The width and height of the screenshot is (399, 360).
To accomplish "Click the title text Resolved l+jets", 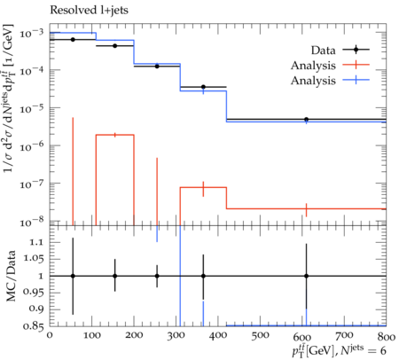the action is click(x=89, y=10).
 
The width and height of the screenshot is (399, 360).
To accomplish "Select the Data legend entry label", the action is click(x=323, y=51).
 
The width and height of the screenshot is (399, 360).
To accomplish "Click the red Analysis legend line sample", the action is click(x=356, y=65).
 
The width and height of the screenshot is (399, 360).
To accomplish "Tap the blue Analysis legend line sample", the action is click(x=356, y=80).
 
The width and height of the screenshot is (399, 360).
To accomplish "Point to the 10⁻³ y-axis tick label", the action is click(x=31, y=33).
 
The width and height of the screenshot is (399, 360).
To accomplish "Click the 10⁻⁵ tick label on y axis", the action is click(x=31, y=109).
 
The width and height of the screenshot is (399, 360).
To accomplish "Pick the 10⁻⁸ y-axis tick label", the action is click(x=31, y=222).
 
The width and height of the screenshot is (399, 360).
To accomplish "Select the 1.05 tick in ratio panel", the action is click(x=33, y=259).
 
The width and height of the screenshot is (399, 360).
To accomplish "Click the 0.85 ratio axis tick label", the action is click(x=33, y=326).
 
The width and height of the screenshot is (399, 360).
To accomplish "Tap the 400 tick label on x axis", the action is click(x=218, y=336).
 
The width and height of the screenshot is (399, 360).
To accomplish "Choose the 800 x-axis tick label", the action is click(x=386, y=337).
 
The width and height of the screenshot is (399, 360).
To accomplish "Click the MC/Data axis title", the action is click(x=12, y=276).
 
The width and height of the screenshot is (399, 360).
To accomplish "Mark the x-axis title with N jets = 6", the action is click(x=339, y=350).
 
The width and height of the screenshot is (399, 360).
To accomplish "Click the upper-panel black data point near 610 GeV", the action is click(x=307, y=120).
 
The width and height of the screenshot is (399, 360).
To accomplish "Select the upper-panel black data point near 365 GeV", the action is click(x=203, y=87).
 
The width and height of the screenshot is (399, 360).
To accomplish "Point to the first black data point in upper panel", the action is click(x=73, y=39).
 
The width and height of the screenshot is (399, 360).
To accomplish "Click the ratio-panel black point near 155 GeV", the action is click(x=115, y=276).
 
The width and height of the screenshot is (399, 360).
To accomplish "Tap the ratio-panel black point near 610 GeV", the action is click(x=307, y=276).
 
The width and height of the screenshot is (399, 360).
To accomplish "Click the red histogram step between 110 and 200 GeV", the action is click(x=115, y=135).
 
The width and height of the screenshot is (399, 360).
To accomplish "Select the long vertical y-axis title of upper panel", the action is click(x=9, y=98).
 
